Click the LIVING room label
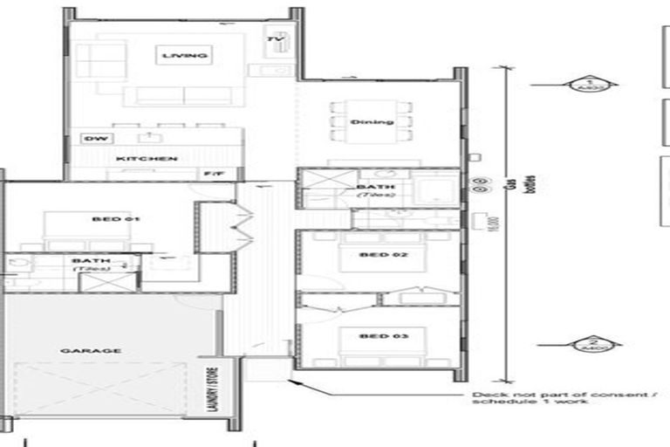(185, 57)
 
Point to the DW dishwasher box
(92, 139)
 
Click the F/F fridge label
(213, 174)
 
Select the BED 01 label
(116, 219)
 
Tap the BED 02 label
(378, 256)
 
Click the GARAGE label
(102, 350)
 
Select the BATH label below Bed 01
(90, 263)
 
